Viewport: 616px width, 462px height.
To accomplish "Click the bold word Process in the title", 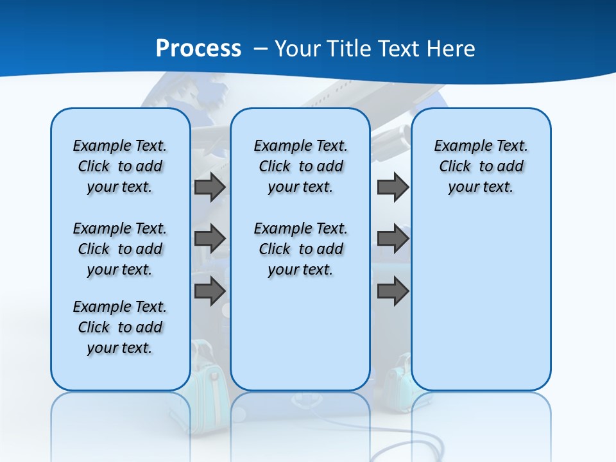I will tap(198, 48).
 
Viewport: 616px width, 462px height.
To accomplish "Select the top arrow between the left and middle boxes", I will tap(210, 187).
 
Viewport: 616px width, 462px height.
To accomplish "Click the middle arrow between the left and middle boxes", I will tap(210, 239).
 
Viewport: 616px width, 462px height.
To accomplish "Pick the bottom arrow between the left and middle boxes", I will tap(210, 290).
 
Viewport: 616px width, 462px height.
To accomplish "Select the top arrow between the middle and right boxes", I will tap(393, 187).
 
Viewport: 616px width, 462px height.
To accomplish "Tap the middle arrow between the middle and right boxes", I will tap(393, 239).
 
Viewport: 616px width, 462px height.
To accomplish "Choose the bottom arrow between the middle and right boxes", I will tap(393, 291).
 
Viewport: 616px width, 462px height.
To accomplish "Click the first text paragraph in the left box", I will tap(120, 166).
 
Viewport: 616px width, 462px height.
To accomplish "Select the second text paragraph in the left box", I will tap(120, 249).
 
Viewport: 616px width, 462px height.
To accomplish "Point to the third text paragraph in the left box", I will tap(120, 327).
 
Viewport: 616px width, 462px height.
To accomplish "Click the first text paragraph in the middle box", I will tap(300, 166).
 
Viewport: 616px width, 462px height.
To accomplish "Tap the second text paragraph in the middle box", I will tap(300, 249).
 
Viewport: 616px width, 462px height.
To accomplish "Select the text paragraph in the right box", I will tap(481, 166).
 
